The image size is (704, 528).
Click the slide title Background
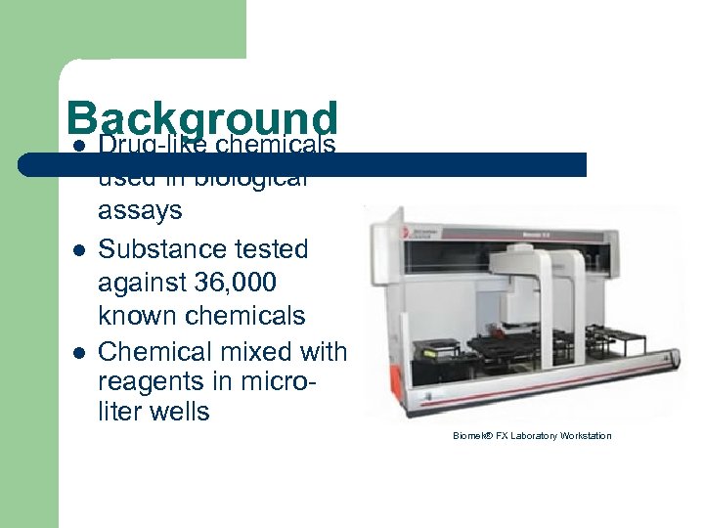pos(202,120)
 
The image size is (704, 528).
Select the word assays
pos(140,210)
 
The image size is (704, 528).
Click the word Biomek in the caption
pos(473,436)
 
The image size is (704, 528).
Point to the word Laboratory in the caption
pos(531,436)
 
